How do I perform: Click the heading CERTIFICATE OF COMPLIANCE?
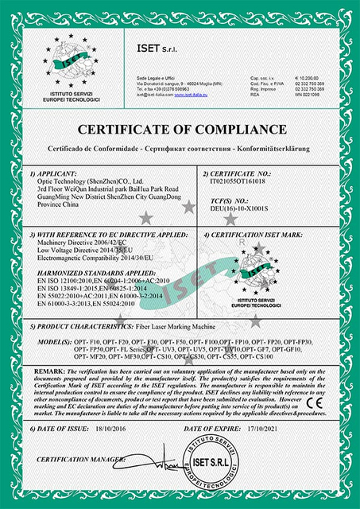[180, 131]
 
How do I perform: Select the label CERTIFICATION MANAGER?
[74, 460]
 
